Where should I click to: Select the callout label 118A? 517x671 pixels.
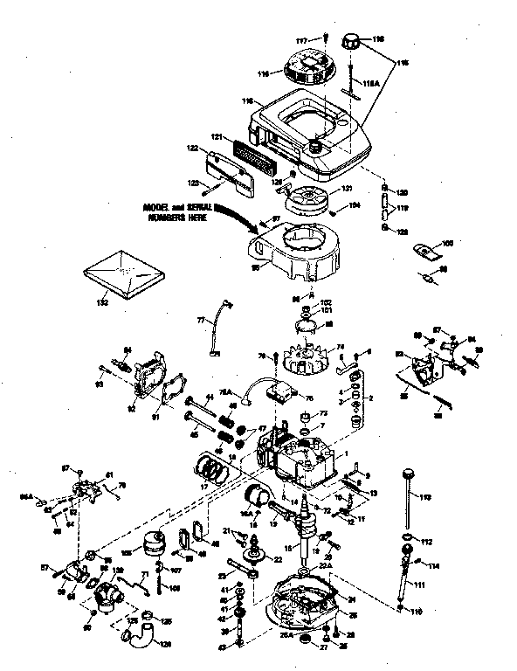coord(370,82)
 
